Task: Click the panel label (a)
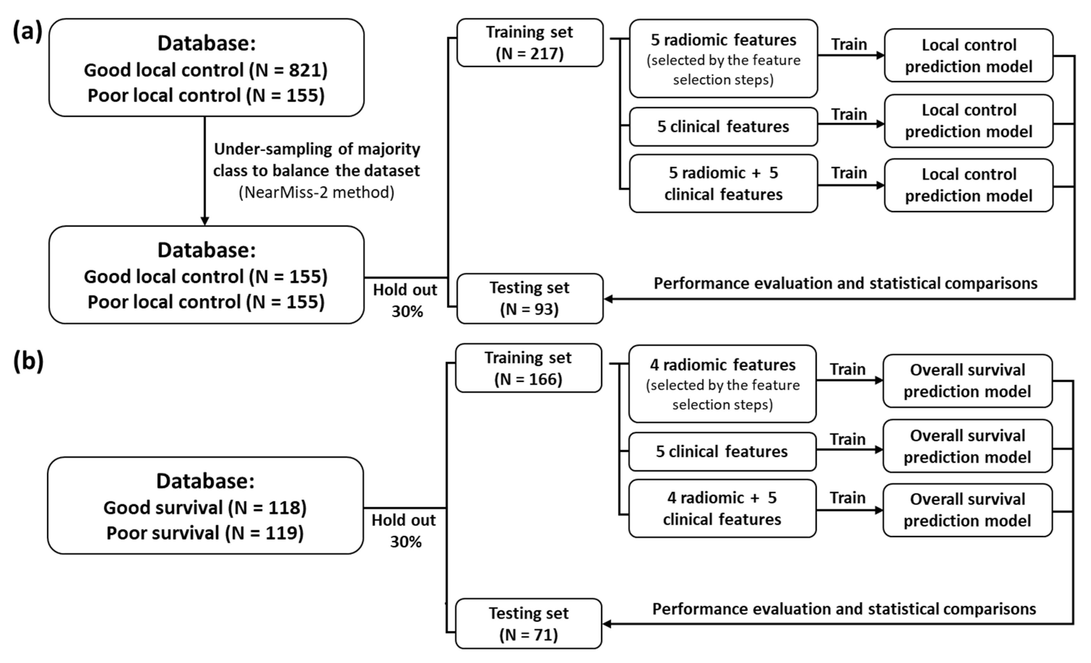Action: [x=28, y=32]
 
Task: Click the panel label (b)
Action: [x=28, y=361]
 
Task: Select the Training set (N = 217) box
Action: [x=530, y=43]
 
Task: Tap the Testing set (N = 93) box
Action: [x=530, y=298]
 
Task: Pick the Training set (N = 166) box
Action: [x=528, y=368]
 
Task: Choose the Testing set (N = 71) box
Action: [x=528, y=624]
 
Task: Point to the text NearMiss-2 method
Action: [x=317, y=192]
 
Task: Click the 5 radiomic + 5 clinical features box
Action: [x=724, y=183]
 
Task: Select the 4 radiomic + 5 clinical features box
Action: [x=722, y=508]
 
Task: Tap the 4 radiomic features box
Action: [x=722, y=384]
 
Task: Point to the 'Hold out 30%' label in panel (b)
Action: [x=404, y=531]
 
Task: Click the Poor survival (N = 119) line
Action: [x=205, y=533]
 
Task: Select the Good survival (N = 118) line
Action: [x=205, y=508]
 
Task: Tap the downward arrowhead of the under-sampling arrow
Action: [x=205, y=220]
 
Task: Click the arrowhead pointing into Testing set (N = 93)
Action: [x=609, y=299]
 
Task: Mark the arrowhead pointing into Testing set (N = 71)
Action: [x=607, y=624]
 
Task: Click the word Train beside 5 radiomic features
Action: [x=849, y=44]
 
